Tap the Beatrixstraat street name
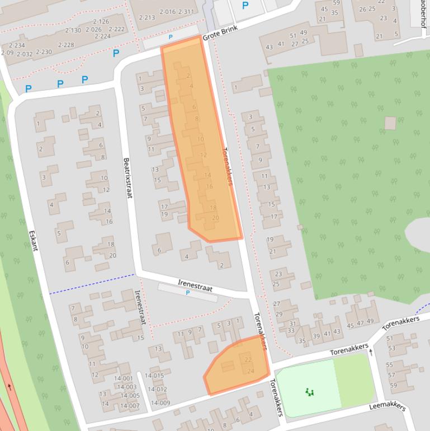(x=128, y=177)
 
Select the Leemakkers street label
(x=387, y=406)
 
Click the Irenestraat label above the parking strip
(x=195, y=285)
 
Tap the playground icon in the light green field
(x=310, y=392)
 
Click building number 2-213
(x=147, y=17)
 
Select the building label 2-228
(x=66, y=45)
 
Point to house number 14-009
(x=160, y=403)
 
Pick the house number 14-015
(x=154, y=376)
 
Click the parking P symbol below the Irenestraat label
(x=188, y=293)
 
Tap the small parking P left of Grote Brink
(x=171, y=37)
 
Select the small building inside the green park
(x=390, y=123)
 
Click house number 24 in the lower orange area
(x=251, y=371)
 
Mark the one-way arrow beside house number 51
(x=370, y=353)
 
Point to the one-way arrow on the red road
(x=10, y=387)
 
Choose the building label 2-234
(x=17, y=45)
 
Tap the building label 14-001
(x=124, y=378)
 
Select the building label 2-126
(x=101, y=22)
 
